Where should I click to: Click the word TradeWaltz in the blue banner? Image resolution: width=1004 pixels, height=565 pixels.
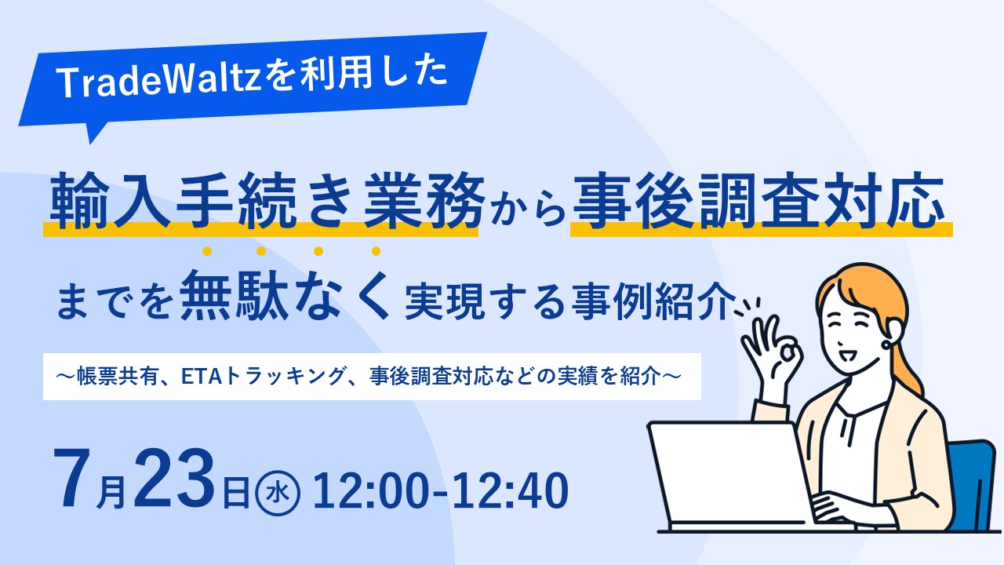point(159,81)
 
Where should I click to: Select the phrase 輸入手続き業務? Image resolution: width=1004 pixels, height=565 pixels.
point(267,201)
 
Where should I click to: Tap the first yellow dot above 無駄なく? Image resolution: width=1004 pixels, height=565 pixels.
point(206,251)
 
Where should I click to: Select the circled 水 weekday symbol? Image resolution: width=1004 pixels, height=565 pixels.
point(278,493)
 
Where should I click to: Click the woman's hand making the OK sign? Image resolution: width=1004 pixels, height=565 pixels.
point(770,354)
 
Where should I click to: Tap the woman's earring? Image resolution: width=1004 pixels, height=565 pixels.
point(886,344)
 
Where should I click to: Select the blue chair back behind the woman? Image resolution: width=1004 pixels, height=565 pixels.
point(973,484)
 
